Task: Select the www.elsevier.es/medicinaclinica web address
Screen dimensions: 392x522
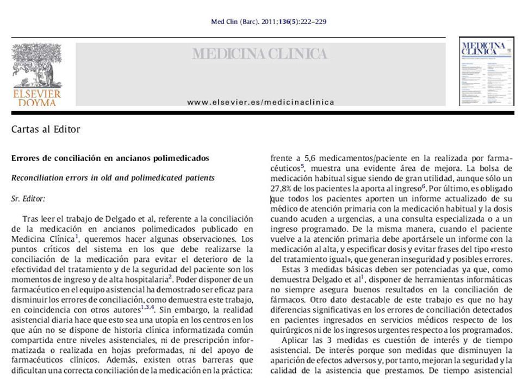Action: [x=260, y=102]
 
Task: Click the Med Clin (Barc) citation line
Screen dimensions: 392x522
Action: [x=268, y=22]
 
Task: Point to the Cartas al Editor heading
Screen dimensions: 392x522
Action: [x=46, y=129]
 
